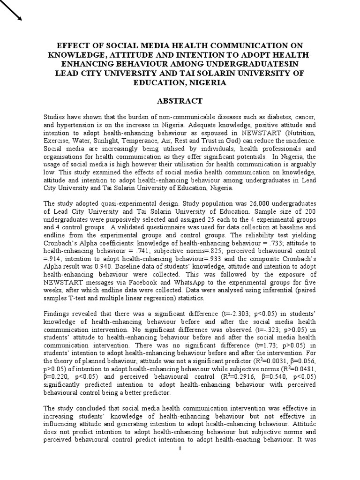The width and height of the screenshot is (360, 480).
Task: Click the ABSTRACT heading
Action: pyautogui.click(x=180, y=101)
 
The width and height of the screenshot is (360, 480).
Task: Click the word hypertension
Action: pyautogui.click(x=76, y=125)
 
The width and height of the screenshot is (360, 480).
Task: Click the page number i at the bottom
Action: pyautogui.click(x=180, y=449)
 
